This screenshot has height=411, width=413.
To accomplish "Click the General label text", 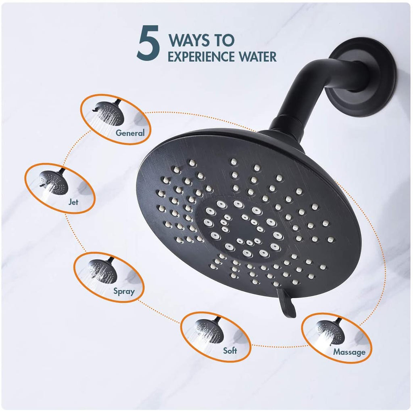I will [x=130, y=133].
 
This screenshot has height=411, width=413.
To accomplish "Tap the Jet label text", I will [x=73, y=202].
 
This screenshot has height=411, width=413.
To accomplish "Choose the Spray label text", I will [x=124, y=291].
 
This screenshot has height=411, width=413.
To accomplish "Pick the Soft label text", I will [x=230, y=350].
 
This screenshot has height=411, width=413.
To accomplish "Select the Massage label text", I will [x=349, y=352].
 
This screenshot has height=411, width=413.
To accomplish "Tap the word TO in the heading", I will [x=224, y=40].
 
